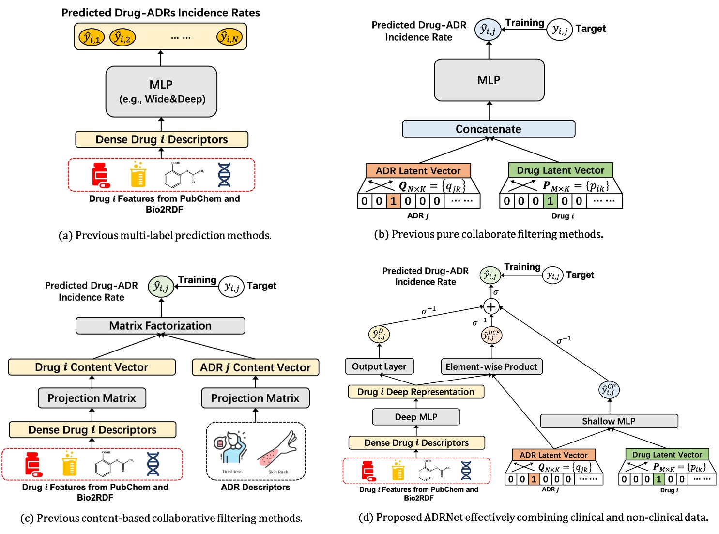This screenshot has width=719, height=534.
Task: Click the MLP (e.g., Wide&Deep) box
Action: [x=161, y=92]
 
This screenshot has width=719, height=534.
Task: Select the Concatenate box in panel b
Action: [x=489, y=129]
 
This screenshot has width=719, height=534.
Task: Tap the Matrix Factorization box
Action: [x=160, y=326]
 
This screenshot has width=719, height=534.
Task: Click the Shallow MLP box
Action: [x=609, y=421]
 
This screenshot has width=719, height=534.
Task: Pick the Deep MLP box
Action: [x=416, y=417]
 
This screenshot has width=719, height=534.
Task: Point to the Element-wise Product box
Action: [x=491, y=366]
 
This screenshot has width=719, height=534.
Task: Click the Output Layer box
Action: [x=379, y=366]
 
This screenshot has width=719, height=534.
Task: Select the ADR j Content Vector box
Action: [x=255, y=367]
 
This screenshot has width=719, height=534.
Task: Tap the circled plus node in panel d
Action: [x=491, y=306]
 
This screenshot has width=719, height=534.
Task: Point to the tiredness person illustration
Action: [x=231, y=448]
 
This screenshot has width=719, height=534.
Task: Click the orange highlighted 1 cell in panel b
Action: [x=393, y=201]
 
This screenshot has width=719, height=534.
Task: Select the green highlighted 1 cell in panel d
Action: [x=658, y=479]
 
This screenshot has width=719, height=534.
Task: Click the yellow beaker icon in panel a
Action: [x=138, y=175]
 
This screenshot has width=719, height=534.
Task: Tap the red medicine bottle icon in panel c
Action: [x=33, y=464]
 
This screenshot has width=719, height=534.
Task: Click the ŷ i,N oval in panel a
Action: [x=229, y=37]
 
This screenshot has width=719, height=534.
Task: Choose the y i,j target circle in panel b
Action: [x=560, y=30]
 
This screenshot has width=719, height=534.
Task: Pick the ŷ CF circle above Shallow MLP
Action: [x=609, y=390]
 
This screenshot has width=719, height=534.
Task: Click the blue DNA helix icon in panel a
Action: [x=224, y=175]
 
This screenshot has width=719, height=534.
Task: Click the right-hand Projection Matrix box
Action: [x=255, y=398]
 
